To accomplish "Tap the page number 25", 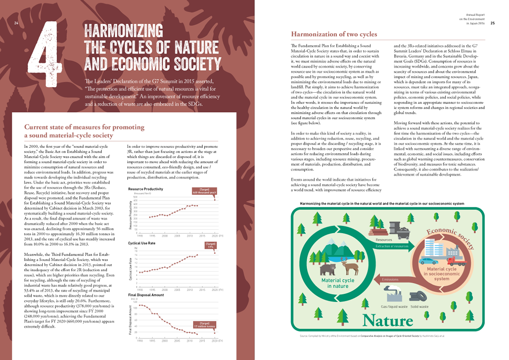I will coord(492,23).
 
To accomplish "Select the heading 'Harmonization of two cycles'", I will coord(334,34).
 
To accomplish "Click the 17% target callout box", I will coord(208,245).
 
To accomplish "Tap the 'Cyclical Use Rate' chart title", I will coord(142,244).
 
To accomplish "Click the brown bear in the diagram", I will coord(327,269).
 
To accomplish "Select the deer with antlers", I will coord(348,266).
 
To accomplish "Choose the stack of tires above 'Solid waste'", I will coord(419,296).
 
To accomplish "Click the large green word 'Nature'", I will coord(388,320).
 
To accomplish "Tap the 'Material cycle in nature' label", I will coord(338,283).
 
